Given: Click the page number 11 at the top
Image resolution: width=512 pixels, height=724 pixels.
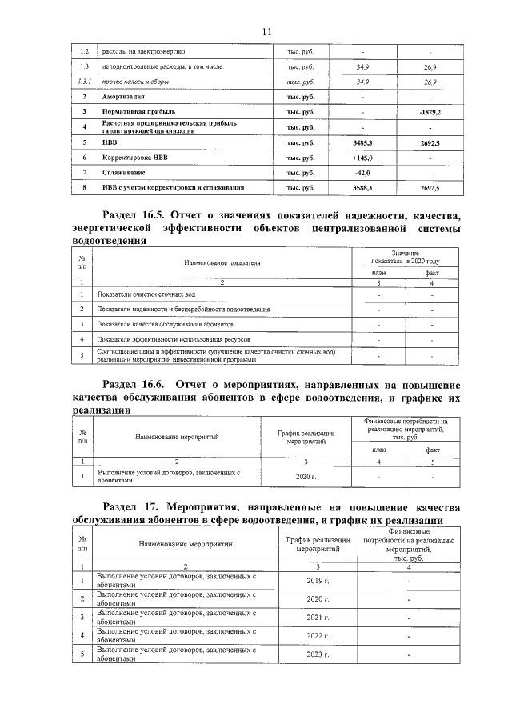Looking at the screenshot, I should [267, 30].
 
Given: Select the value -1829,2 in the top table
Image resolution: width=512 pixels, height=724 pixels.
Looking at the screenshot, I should [430, 112].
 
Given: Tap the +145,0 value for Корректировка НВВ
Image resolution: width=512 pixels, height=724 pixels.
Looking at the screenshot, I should [363, 158].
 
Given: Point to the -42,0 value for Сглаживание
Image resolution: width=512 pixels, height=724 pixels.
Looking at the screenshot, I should [363, 173].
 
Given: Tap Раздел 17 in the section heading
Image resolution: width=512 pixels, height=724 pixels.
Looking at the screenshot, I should [130, 508].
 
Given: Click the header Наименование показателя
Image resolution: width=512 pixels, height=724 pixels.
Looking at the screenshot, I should [222, 262].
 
